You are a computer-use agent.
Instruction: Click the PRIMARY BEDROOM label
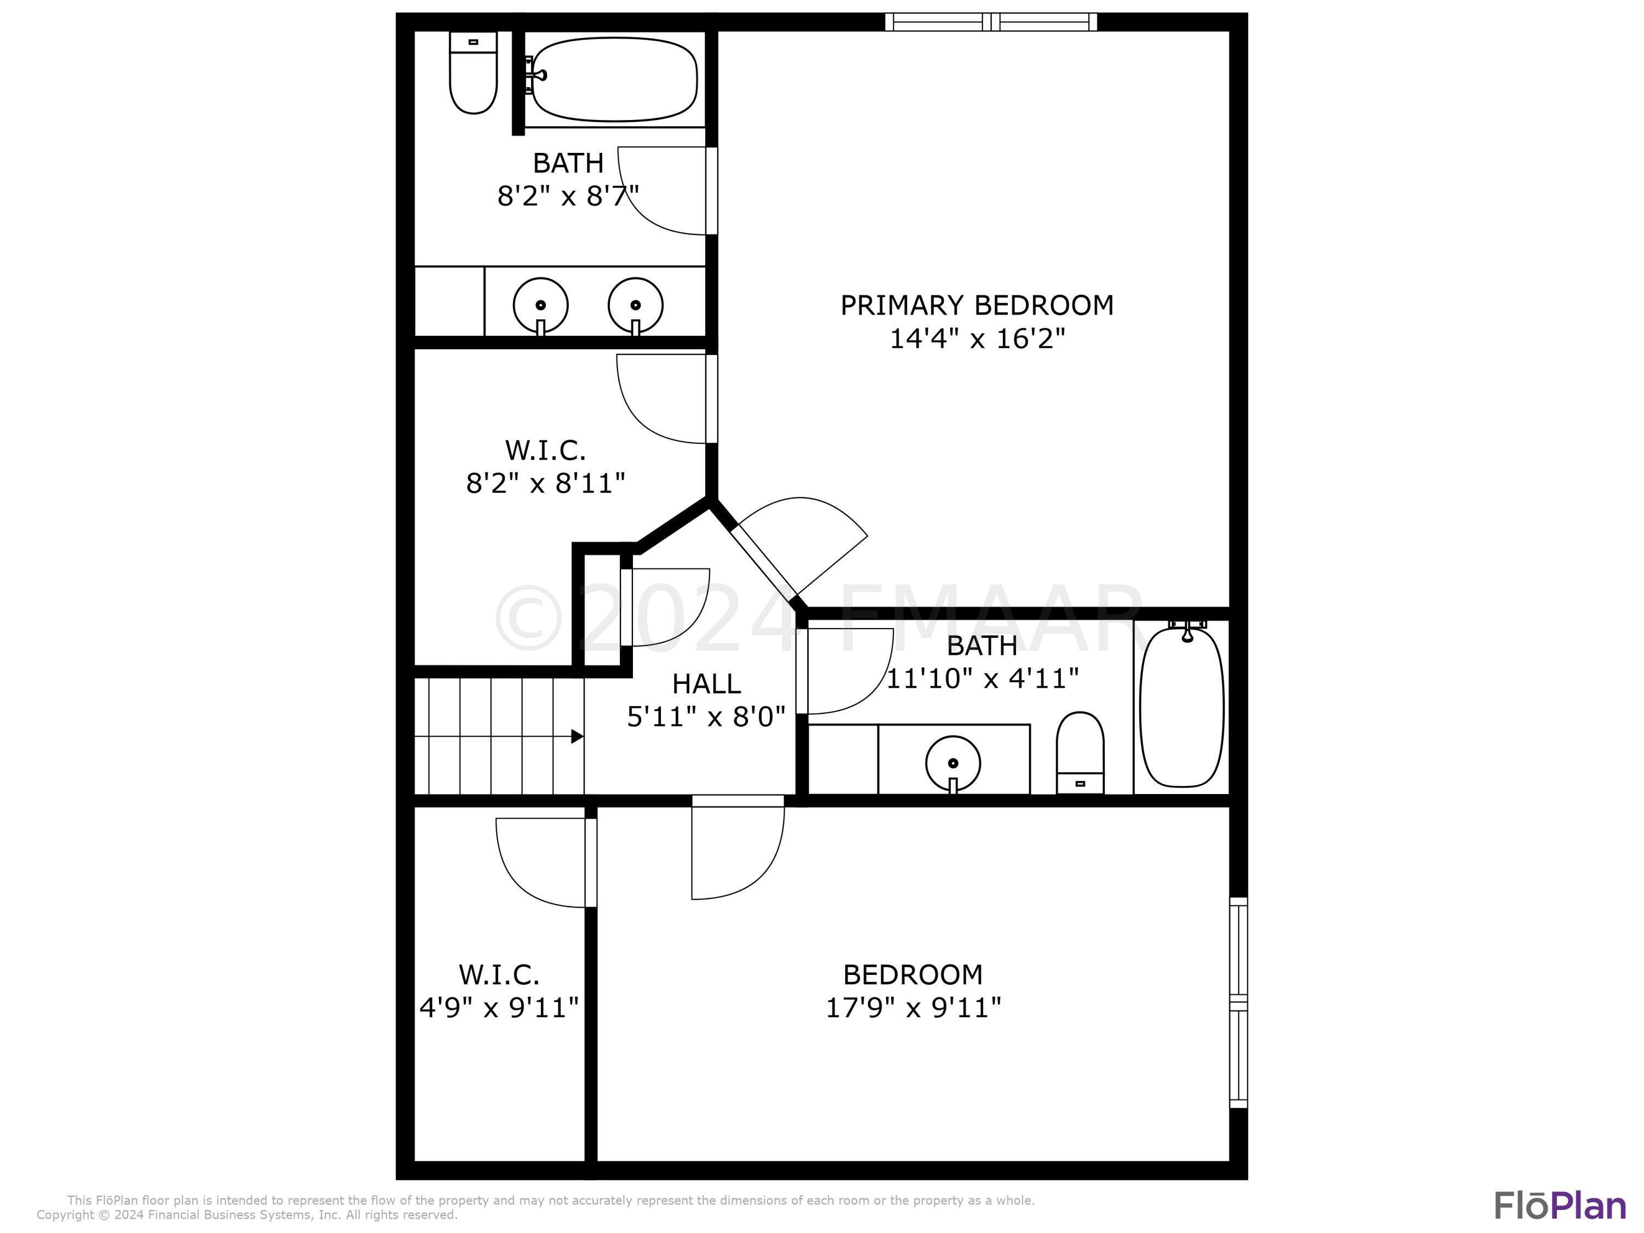(x=977, y=305)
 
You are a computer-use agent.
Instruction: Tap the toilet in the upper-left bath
(x=473, y=73)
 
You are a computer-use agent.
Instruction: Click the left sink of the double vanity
(x=540, y=306)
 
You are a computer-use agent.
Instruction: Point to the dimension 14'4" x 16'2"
(x=977, y=339)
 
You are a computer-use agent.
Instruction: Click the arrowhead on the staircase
(x=576, y=737)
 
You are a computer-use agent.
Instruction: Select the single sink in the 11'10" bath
(x=953, y=764)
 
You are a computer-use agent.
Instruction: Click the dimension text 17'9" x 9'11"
(x=914, y=1008)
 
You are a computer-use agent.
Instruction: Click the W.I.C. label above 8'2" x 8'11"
(x=545, y=450)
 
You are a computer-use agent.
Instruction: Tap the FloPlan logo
(x=1560, y=1206)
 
